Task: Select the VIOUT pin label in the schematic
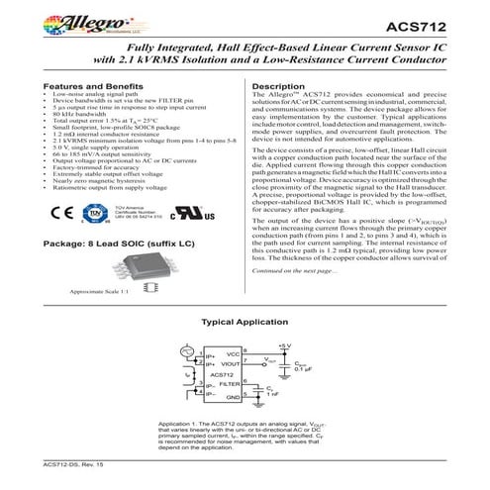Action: click(230, 363)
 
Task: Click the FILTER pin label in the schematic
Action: click(229, 383)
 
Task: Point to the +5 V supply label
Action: click(286, 344)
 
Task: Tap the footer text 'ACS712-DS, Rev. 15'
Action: click(74, 462)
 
